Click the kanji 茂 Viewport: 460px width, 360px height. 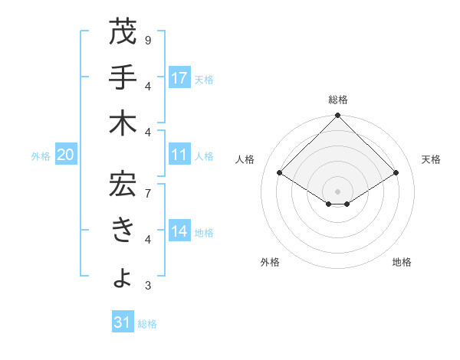123,32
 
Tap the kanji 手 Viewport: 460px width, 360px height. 123,78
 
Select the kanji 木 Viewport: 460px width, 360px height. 123,124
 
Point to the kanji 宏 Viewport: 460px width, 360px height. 123,184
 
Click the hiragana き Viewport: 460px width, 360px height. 123,231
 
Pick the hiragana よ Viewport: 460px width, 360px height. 123,278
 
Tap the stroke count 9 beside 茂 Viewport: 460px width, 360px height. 147,40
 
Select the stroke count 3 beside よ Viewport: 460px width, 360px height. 147,285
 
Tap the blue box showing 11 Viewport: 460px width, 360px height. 179,155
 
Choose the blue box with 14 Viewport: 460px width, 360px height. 179,231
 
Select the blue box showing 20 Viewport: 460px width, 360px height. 66,155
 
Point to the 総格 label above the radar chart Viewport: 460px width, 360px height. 337,100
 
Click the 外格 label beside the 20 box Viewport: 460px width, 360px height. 41,155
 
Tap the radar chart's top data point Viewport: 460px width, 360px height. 337,116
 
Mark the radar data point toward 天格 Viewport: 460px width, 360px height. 396,173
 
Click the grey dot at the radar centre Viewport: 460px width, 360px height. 337,190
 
